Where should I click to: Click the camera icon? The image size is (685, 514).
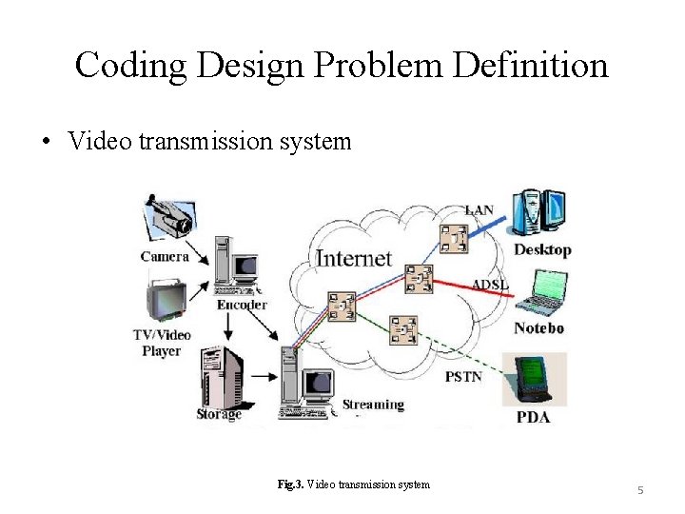(168, 218)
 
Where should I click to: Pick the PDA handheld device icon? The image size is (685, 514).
(534, 380)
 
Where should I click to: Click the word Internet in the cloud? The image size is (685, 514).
(353, 257)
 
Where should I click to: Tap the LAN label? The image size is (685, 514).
(479, 209)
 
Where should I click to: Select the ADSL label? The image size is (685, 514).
(490, 285)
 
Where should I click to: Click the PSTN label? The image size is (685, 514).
(463, 376)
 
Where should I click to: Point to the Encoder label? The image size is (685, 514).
(242, 305)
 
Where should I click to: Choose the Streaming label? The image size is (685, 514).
(373, 405)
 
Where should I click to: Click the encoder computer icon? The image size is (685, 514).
(235, 264)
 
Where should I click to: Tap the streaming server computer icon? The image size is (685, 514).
(307, 384)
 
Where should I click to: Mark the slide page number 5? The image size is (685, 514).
(640, 489)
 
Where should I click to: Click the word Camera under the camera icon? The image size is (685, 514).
(165, 256)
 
